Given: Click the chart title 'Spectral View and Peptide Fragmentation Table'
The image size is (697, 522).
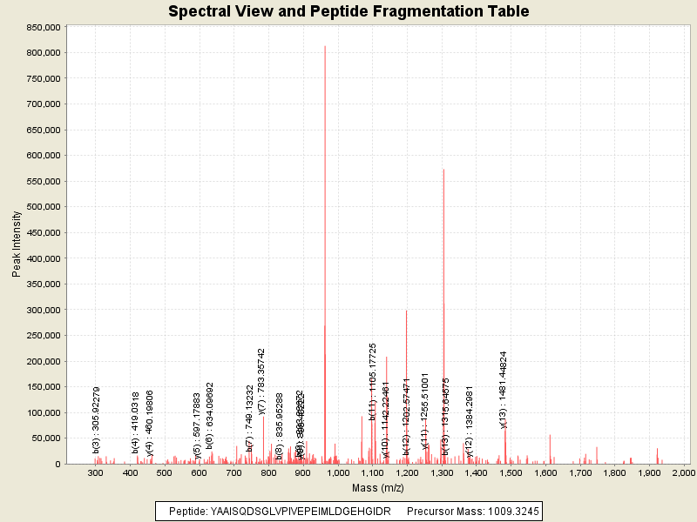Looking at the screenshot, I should [348, 12].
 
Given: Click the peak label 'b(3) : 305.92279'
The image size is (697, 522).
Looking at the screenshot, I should [97, 420].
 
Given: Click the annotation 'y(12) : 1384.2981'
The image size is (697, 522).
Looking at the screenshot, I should [470, 421].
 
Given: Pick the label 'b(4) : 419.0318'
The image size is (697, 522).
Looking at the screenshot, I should [136, 423].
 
